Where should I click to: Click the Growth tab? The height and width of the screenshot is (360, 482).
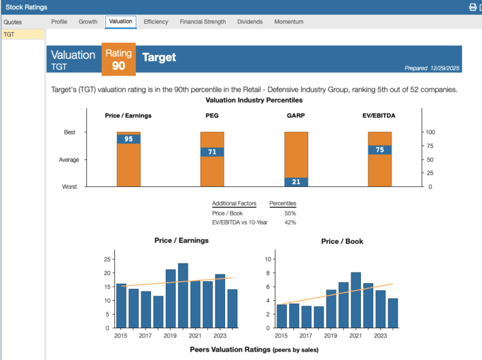(88, 22)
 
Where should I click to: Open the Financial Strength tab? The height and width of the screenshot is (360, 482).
(203, 22)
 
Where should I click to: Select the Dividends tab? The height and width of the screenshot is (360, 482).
(250, 22)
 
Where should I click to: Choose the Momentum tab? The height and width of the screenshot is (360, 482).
(289, 22)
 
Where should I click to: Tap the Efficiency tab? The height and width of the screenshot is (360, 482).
(156, 22)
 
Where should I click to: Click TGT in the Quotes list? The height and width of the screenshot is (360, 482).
(9, 34)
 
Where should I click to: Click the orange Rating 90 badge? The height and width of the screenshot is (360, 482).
(119, 60)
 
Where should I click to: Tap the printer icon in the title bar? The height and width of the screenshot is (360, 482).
(473, 7)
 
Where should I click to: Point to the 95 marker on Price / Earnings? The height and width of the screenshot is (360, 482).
(128, 139)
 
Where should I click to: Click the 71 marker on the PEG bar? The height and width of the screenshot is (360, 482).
(212, 152)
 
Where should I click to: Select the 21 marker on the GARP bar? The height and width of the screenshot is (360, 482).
(296, 182)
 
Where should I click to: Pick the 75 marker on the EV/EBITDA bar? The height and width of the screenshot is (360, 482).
(379, 150)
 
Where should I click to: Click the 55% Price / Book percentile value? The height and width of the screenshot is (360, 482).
(290, 213)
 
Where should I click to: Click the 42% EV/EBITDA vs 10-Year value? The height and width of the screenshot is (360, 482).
(290, 222)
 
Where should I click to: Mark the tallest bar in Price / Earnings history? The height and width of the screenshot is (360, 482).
(183, 295)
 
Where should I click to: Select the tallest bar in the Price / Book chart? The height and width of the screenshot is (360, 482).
(356, 300)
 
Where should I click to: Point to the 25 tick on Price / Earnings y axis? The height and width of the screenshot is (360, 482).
(107, 259)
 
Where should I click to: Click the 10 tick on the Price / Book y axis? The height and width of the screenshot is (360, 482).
(269, 259)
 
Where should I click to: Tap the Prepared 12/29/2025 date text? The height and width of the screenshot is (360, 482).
(432, 68)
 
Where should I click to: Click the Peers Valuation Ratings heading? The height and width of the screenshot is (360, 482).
(254, 349)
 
